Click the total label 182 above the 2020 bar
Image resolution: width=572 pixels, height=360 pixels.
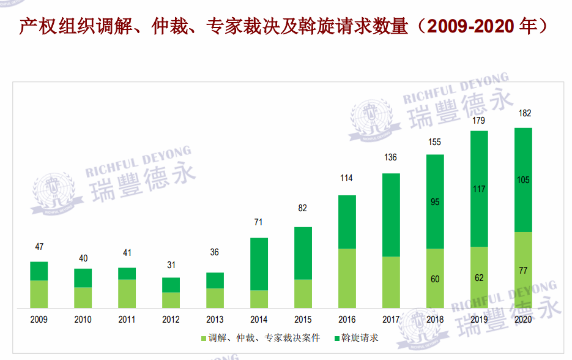tap(524, 113)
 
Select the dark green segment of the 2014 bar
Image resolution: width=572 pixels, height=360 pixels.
tap(259, 263)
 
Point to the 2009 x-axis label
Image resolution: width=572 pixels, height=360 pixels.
tap(39, 320)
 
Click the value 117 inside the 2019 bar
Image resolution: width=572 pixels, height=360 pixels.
tap(479, 189)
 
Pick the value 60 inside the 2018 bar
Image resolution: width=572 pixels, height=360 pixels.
tap(435, 279)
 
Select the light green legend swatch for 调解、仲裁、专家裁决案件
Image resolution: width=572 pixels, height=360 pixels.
tap(203, 338)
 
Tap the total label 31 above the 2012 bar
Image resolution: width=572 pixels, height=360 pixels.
tap(171, 265)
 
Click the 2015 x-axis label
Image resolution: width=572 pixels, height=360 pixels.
tap(303, 320)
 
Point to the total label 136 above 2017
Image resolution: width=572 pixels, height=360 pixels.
tap(390, 158)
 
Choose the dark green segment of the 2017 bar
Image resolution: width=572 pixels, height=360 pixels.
tap(391, 214)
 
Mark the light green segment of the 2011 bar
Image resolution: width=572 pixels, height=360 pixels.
tap(127, 293)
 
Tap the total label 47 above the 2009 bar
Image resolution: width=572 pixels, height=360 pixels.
tap(39, 247)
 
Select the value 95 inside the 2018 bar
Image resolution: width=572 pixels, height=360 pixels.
tap(435, 202)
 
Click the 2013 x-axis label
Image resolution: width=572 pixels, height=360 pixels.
tap(215, 320)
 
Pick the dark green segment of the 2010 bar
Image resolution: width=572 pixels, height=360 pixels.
tap(83, 277)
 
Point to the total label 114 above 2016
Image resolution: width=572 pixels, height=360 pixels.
tap(347, 179)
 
